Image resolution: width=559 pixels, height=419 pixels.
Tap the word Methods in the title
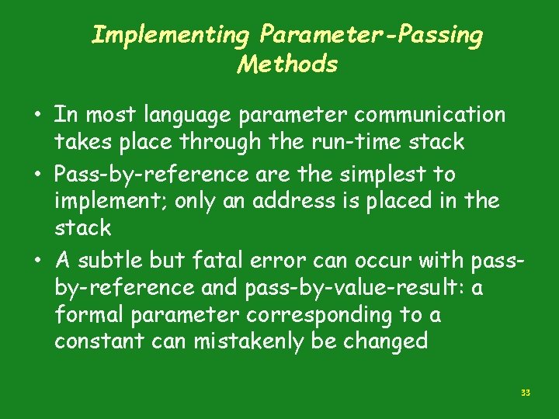pyautogui.click(x=287, y=64)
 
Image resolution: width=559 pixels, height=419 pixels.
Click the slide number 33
pyautogui.click(x=526, y=393)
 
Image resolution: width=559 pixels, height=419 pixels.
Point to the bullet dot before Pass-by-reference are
pyautogui.click(x=38, y=174)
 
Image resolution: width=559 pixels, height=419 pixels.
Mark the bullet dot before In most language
pyautogui.click(x=38, y=116)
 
